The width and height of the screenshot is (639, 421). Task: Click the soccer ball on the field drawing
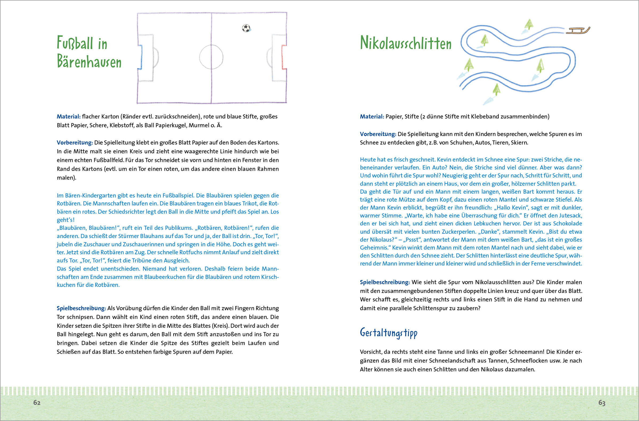(x=246, y=28)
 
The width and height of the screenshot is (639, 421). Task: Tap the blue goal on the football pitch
(x=140, y=57)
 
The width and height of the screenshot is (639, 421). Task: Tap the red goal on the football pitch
(x=284, y=57)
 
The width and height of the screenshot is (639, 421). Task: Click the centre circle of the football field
(x=211, y=57)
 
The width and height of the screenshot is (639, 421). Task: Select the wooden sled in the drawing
(x=577, y=30)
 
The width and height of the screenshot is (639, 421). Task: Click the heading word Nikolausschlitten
(x=405, y=43)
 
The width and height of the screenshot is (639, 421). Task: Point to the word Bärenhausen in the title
(x=89, y=61)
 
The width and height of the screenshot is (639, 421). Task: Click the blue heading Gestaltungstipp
(x=388, y=333)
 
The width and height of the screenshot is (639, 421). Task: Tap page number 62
(x=37, y=402)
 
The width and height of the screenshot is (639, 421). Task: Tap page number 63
(x=602, y=403)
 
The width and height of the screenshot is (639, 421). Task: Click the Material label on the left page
(x=68, y=116)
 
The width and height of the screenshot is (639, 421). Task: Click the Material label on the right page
(x=372, y=116)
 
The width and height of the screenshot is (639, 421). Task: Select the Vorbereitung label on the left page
(x=75, y=143)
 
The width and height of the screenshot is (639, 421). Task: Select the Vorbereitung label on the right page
(x=378, y=134)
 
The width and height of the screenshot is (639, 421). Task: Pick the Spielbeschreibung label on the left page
(x=81, y=308)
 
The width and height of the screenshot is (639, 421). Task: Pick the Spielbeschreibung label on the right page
(x=384, y=282)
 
